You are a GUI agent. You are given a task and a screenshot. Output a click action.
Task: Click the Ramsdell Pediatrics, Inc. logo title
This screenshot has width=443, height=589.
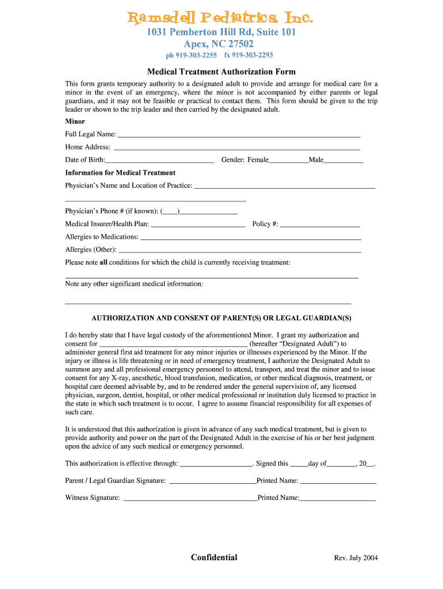click(x=221, y=19)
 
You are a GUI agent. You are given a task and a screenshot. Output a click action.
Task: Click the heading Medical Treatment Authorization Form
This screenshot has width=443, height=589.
click(x=221, y=72)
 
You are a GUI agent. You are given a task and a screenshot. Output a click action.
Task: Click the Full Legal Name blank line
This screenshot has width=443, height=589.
click(x=239, y=135)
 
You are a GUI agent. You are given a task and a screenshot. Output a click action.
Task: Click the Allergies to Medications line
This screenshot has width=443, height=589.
click(x=251, y=238)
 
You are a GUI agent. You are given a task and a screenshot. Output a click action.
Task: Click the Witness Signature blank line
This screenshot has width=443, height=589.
click(x=190, y=499)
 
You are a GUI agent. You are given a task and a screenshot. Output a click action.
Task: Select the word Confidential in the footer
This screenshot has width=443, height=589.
click(x=214, y=557)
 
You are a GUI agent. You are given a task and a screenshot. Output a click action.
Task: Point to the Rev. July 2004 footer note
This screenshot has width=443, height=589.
click(x=356, y=558)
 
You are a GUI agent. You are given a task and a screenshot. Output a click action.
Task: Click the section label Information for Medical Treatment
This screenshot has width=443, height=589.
click(x=120, y=173)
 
